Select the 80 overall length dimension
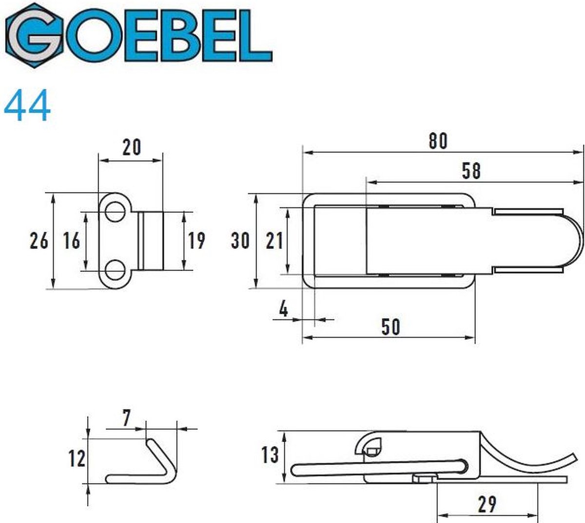click(x=438, y=141)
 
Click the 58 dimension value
click(x=470, y=171)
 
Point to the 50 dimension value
click(x=390, y=326)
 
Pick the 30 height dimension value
click(x=240, y=240)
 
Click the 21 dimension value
click(x=274, y=240)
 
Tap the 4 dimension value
click(x=284, y=309)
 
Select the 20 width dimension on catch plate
click(x=131, y=147)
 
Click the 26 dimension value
click(x=39, y=241)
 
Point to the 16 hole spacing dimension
click(x=71, y=241)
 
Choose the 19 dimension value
click(x=196, y=241)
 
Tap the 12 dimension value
click(x=77, y=458)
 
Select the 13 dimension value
click(x=270, y=455)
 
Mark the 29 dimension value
click(x=487, y=504)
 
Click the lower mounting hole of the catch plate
click(x=115, y=270)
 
